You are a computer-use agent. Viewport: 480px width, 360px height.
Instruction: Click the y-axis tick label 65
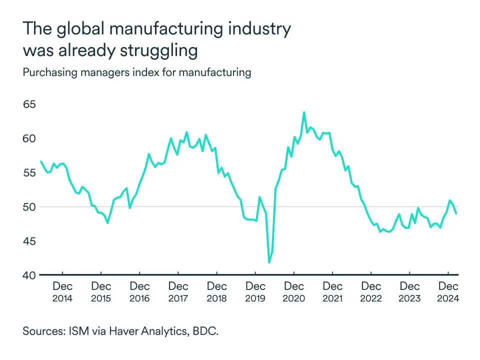30,104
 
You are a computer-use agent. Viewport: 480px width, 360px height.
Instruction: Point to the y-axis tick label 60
30,138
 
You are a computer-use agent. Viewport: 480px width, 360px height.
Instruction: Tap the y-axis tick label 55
30,173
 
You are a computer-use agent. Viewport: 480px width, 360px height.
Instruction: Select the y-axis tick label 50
30,207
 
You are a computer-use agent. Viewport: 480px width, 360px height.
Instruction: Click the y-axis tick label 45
30,241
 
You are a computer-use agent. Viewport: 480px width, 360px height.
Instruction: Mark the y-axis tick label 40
30,275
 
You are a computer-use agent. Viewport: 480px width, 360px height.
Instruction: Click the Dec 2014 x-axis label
62,292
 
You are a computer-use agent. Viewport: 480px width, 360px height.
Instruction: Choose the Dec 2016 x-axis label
139,292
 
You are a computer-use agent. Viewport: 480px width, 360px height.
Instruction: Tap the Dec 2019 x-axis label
255,292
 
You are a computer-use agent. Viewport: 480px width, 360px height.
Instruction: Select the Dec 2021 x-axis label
332,292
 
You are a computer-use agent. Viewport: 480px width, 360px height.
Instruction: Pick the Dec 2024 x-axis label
448,292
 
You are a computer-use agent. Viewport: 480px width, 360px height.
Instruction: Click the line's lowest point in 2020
269,262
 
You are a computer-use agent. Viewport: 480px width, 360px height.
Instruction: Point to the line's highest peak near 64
303,112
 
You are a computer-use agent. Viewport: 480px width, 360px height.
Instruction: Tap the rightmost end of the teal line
456,213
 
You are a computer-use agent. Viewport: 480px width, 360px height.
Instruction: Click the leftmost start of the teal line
40,161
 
